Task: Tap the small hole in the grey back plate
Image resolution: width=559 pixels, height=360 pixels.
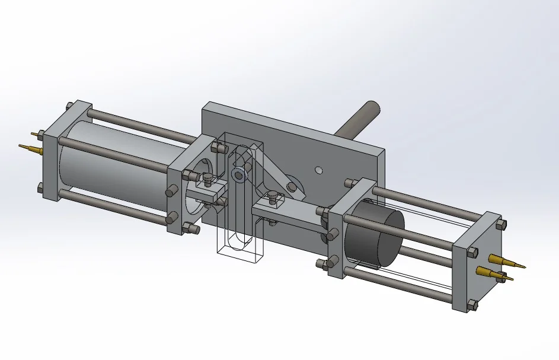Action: click(318, 170)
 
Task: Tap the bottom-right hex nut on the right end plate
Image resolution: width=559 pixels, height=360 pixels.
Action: click(472, 305)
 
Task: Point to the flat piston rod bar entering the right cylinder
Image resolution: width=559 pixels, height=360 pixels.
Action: click(290, 214)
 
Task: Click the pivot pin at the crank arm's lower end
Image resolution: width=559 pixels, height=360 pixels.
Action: click(292, 187)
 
